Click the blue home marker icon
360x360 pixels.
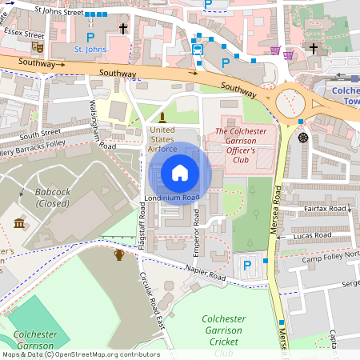point(180,172)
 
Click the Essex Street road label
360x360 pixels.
point(23,34)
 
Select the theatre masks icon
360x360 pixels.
point(38,48)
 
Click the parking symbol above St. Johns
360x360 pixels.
point(90,37)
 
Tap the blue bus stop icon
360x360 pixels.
point(198,49)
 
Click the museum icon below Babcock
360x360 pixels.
point(19,222)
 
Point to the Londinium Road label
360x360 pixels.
point(171,198)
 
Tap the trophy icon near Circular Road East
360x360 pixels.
point(119,254)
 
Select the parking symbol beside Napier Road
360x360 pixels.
point(247,265)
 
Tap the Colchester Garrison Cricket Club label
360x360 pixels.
point(223,334)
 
